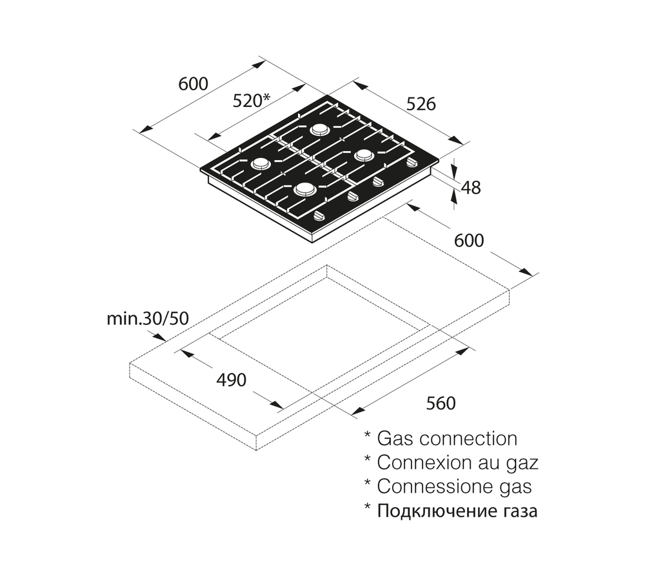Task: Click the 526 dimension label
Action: pos(421,103)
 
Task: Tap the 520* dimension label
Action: pos(250,101)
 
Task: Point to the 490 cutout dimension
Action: pos(230,381)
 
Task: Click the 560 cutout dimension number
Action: pos(441,403)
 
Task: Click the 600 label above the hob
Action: pos(193,84)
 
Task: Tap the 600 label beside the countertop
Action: pos(469,240)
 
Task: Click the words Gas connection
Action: pos(446,439)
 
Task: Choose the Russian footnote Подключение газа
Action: pos(457,511)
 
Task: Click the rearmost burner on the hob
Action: pos(319,129)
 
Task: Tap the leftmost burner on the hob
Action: pos(260,164)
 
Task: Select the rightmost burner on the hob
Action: pos(364,155)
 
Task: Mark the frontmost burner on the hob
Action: pos(304,190)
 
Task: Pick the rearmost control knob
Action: pos(411,162)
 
